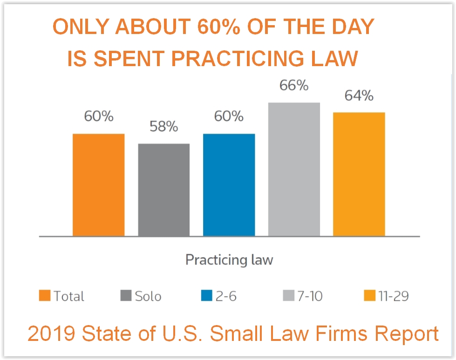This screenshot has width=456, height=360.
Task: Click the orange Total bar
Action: pyautogui.click(x=98, y=185)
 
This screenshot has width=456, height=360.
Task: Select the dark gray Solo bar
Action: pyautogui.click(x=163, y=190)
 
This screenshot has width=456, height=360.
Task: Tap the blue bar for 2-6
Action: pyautogui.click(x=229, y=185)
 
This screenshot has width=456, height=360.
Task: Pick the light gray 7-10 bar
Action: pyautogui.click(x=294, y=170)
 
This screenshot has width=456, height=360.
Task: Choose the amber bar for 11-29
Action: pyautogui.click(x=359, y=174)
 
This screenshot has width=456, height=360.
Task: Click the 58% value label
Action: pyautogui.click(x=163, y=126)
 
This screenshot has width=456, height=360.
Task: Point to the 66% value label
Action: pyautogui.click(x=294, y=85)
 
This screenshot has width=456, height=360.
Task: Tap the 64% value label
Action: pyautogui.click(x=359, y=95)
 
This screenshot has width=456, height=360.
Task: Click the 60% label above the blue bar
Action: pyautogui.click(x=229, y=116)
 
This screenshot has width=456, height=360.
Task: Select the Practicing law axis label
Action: pyautogui.click(x=229, y=259)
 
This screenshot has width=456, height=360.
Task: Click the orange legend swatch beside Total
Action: pyautogui.click(x=45, y=296)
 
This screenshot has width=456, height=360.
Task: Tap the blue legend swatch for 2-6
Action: pyautogui.click(x=207, y=296)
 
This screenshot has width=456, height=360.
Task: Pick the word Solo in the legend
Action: pyautogui.click(x=148, y=296)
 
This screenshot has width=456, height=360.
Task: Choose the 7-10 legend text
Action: pyautogui.click(x=309, y=296)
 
